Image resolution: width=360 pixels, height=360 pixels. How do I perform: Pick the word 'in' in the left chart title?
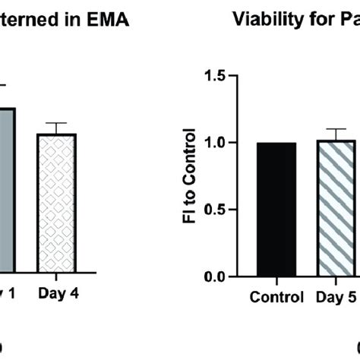click(76, 21)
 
